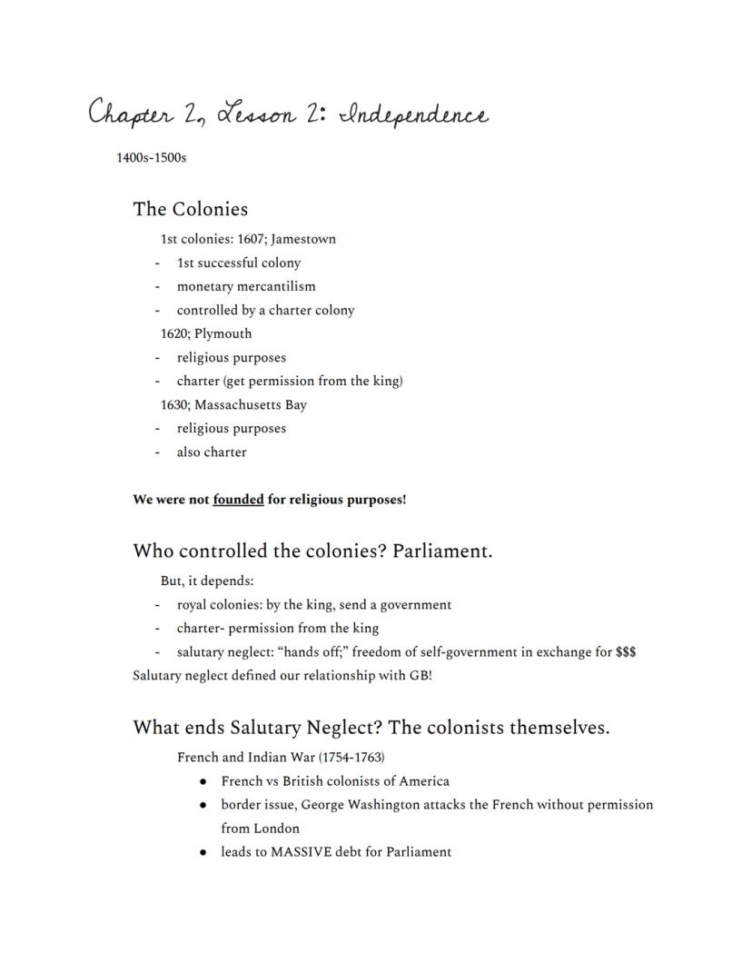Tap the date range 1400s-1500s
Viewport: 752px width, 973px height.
[151, 158]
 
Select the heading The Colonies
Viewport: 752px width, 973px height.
[190, 210]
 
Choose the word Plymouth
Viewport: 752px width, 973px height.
[223, 334]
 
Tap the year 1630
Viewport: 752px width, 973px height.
[174, 405]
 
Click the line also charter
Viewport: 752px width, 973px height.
[211, 452]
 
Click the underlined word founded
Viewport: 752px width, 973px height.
[238, 500]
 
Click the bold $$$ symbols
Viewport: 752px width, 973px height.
[625, 652]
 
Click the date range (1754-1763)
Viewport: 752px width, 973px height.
[351, 758]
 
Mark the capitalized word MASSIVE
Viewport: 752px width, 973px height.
[301, 852]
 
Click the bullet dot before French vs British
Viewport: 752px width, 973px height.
[203, 781]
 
